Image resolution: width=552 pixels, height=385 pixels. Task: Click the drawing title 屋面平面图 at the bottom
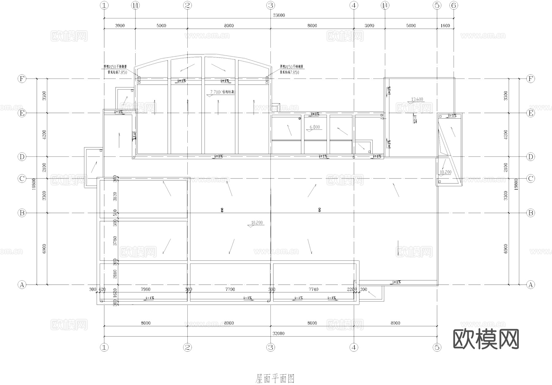(x=275, y=379)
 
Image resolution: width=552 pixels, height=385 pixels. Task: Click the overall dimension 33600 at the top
(x=279, y=15)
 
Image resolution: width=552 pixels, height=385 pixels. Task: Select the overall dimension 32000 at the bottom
(x=278, y=333)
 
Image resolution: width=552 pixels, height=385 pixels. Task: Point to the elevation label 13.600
(x=417, y=99)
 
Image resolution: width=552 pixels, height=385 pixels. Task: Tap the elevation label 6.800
(x=315, y=127)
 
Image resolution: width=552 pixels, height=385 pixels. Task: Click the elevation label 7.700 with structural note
(x=222, y=92)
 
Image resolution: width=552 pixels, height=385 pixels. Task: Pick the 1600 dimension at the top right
(x=445, y=26)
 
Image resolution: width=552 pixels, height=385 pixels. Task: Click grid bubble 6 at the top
(x=454, y=5)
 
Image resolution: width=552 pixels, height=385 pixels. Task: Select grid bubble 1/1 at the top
(x=135, y=5)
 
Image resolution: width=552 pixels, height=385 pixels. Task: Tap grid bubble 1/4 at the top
(x=385, y=5)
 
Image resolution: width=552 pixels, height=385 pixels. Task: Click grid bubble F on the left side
(x=22, y=79)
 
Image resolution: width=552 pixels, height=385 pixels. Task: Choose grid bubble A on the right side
(x=531, y=285)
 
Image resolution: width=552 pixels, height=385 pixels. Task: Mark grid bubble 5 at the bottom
(x=437, y=347)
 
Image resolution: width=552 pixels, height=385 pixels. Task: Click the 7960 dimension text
(x=145, y=289)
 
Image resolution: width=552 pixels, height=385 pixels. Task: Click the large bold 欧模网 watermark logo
(x=486, y=339)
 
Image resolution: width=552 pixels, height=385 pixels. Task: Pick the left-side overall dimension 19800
(x=34, y=184)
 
